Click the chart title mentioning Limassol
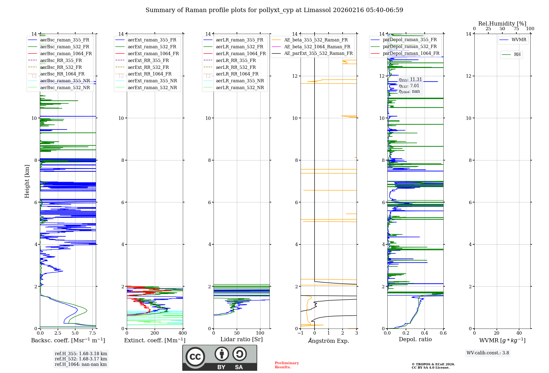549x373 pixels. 274,10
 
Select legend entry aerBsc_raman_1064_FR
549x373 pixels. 66,53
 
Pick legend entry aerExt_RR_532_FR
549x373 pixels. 148,67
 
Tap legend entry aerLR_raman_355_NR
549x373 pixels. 240,81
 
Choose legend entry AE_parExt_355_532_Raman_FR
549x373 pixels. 318,53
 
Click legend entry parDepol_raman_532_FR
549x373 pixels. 410,46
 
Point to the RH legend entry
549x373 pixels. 517,55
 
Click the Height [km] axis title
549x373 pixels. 27,181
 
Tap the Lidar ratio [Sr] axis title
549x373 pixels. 242,339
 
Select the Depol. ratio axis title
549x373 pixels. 415,339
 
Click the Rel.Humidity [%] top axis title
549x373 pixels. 502,24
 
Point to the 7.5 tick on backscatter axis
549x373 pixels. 93,333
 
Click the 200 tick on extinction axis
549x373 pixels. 155,333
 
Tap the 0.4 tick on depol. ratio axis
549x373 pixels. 424,333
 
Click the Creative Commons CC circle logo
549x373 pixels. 195,357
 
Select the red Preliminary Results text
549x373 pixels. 287,365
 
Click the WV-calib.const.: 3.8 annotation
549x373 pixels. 488,353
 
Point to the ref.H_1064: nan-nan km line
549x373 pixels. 81,364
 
